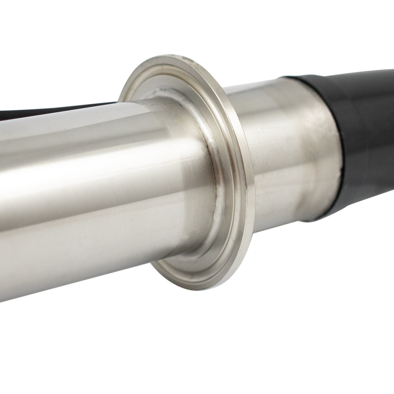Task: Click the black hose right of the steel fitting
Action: tap(366, 135)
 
